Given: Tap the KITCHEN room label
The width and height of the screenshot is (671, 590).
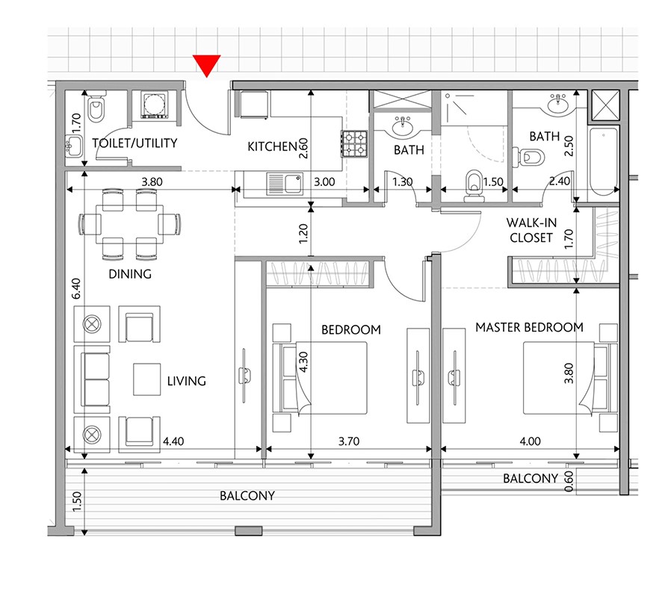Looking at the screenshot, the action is pos(272,146).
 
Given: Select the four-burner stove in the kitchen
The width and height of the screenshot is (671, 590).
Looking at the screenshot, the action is pos(354,143).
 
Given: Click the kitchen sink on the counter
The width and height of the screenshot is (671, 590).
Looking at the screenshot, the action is pos(285,184).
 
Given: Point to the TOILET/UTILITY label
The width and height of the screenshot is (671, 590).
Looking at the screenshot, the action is pos(134,143).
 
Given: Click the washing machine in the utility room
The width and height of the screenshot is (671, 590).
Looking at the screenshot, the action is pos(155,105).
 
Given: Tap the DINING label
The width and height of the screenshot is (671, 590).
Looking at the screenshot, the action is pos(130,274).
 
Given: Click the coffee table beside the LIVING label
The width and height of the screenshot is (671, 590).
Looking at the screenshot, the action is pos(146,379).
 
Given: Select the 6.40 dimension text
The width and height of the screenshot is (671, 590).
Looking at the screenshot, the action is pos(76,289).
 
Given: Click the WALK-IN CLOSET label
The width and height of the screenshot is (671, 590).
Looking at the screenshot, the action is pos(531,230).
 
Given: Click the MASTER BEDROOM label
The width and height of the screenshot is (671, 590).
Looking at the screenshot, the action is pos(529,327).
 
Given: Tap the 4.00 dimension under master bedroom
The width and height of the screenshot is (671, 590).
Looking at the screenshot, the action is pos(531,441).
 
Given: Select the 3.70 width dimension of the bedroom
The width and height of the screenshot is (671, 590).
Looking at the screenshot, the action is pos(349,441).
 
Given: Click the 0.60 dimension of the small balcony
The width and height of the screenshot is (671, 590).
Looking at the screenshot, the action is pos(569,481).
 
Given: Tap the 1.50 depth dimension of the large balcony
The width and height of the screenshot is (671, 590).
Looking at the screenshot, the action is pos(77,501).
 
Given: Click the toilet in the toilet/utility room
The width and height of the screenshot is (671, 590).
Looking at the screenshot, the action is pos(96,108).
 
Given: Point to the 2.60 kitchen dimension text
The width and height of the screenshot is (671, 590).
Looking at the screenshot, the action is pos(303,148).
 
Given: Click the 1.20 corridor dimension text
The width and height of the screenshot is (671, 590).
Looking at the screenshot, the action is pos(303,234).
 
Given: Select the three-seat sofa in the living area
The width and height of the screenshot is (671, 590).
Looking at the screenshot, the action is pos(92,379).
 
